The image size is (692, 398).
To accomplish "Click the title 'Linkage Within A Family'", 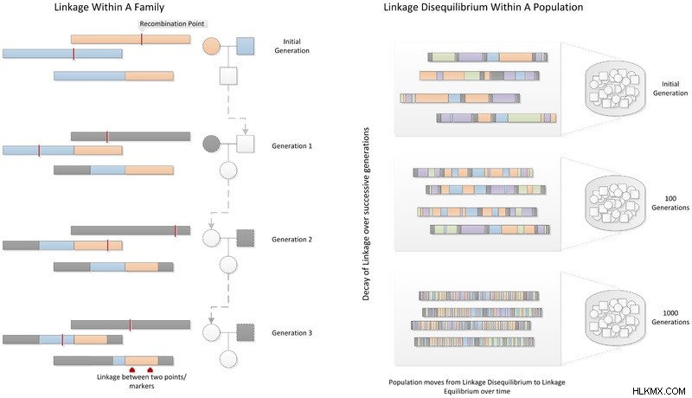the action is click(110, 7).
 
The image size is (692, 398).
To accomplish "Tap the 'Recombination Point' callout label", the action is click(172, 23).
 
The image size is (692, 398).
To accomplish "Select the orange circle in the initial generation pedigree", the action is click(211, 46).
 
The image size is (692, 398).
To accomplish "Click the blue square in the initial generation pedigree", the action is click(246, 46).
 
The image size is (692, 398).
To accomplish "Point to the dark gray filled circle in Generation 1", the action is click(211, 144).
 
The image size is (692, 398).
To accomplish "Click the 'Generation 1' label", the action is click(292, 146).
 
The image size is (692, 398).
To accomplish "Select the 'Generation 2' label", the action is click(292, 240).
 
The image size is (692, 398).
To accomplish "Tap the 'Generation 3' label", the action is click(292, 333).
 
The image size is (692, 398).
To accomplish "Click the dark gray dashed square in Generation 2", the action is click(246, 238).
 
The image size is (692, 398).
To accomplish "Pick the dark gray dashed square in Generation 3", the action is click(246, 332).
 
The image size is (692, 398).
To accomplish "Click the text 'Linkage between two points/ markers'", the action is click(142, 382).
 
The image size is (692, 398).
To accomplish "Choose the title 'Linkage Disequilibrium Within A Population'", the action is click(484, 7).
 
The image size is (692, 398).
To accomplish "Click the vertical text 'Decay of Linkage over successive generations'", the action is click(366, 214).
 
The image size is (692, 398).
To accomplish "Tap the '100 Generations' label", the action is click(670, 203).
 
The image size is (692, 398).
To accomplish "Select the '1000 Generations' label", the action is click(670, 318).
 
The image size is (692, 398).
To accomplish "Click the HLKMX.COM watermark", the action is click(659, 391).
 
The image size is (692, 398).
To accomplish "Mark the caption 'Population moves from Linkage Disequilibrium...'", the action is click(477, 387).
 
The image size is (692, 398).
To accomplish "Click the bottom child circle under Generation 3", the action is click(228, 359).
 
